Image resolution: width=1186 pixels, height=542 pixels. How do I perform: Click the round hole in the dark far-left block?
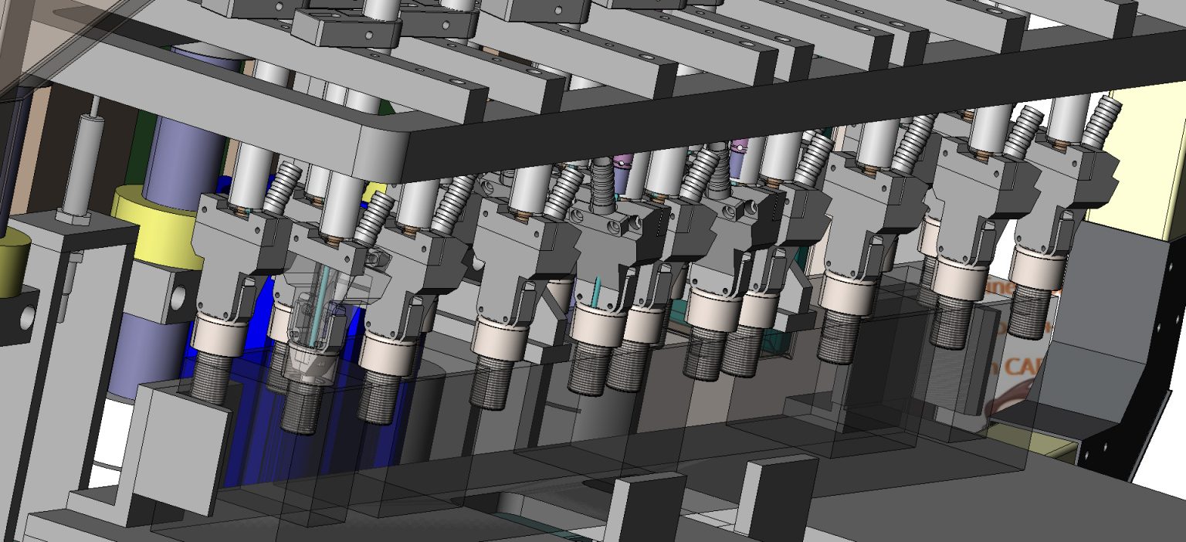click(x=28, y=316)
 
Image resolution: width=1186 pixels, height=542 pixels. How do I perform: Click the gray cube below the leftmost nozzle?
click(x=182, y=448)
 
